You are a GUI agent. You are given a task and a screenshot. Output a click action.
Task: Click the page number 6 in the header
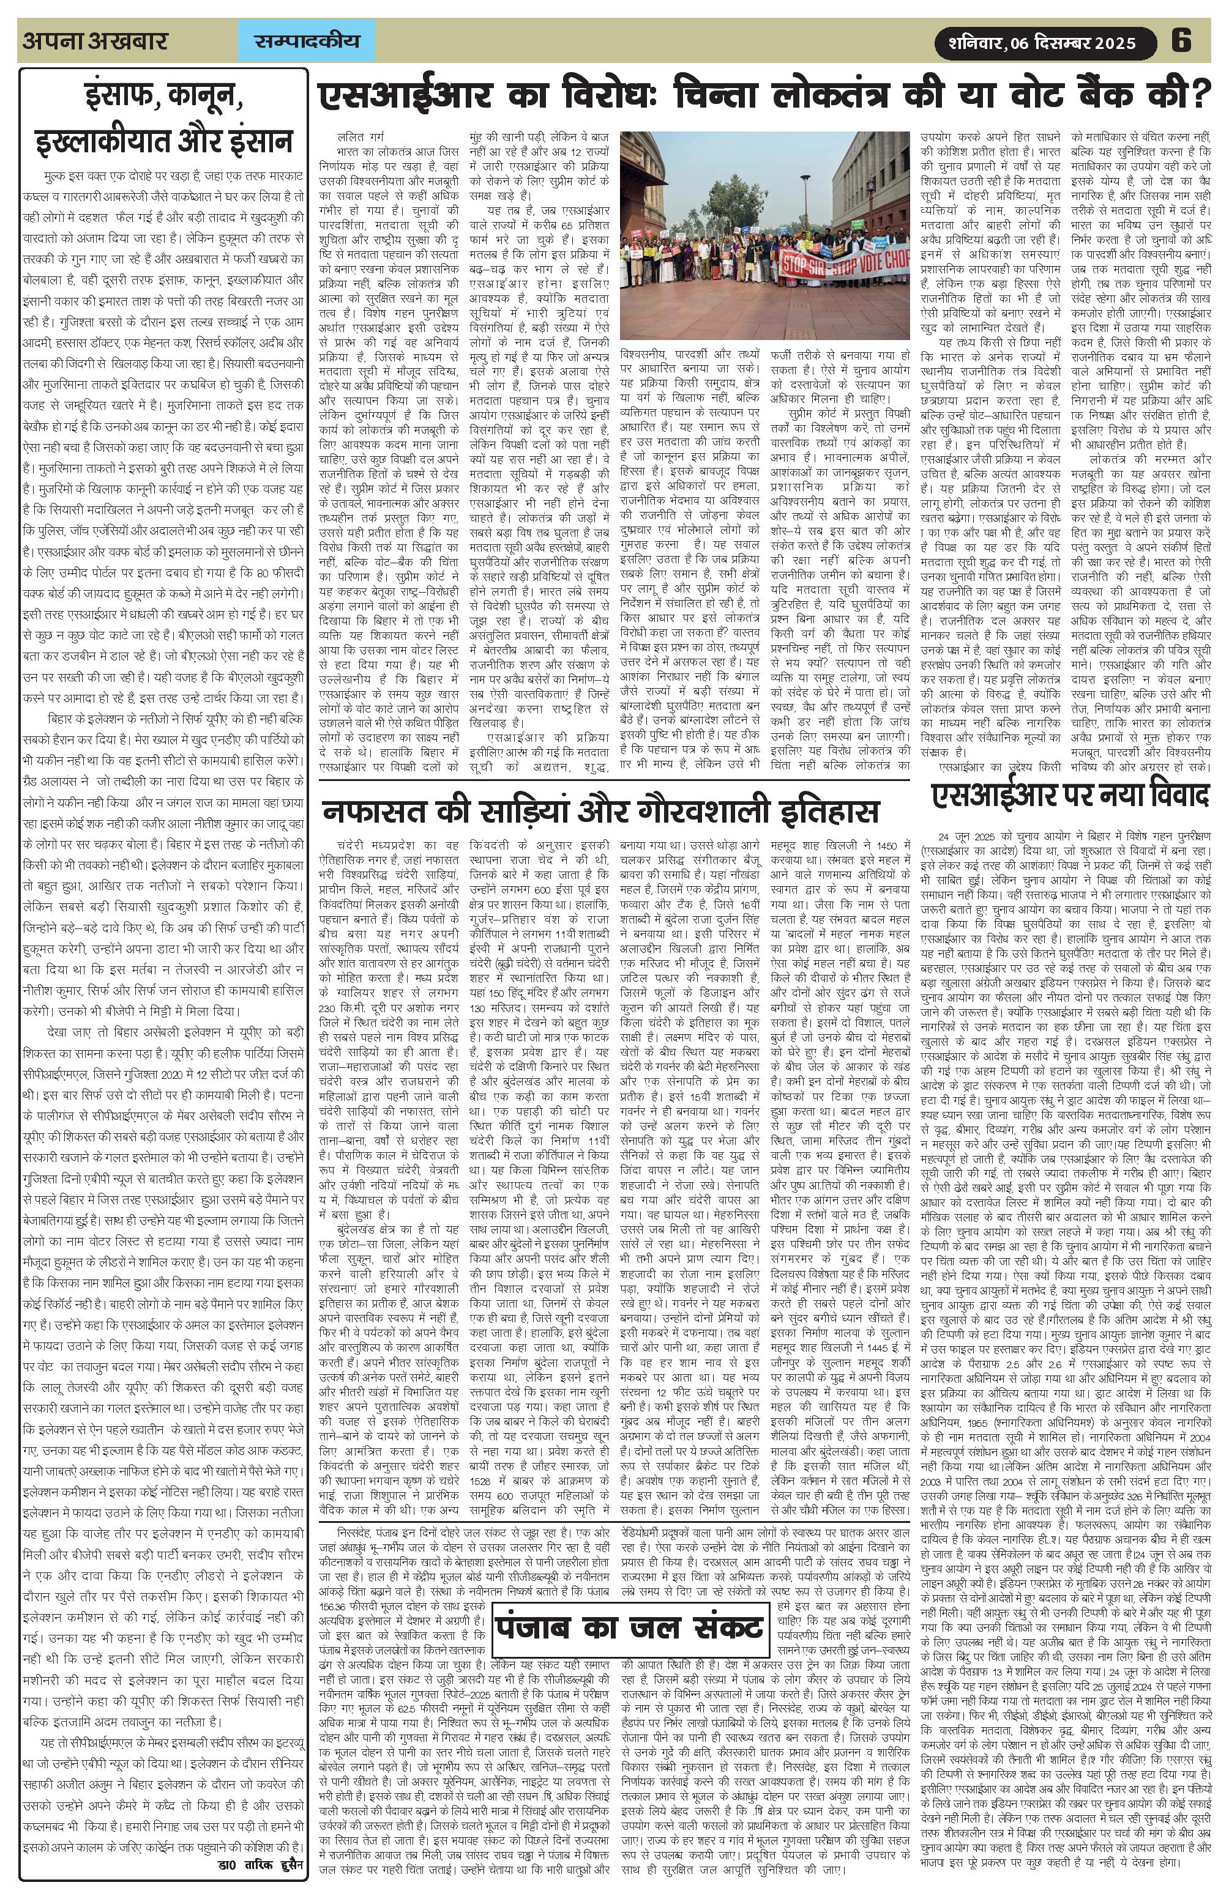(1181, 40)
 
